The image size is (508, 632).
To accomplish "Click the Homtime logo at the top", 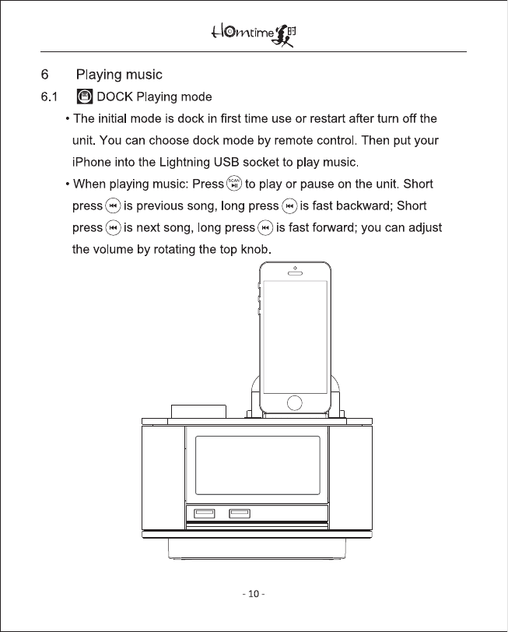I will tap(254, 35).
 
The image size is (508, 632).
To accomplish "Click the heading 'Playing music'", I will tap(119, 75).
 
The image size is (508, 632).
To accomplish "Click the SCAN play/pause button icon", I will tap(233, 184).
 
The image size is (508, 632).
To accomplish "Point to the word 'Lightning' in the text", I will tap(165, 163).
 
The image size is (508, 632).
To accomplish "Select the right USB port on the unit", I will tap(239, 513).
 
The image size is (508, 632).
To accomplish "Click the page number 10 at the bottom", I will tap(254, 595).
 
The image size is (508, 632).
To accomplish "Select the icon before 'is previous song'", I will tap(114, 206).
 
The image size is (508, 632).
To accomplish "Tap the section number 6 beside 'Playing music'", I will tap(44, 75).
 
